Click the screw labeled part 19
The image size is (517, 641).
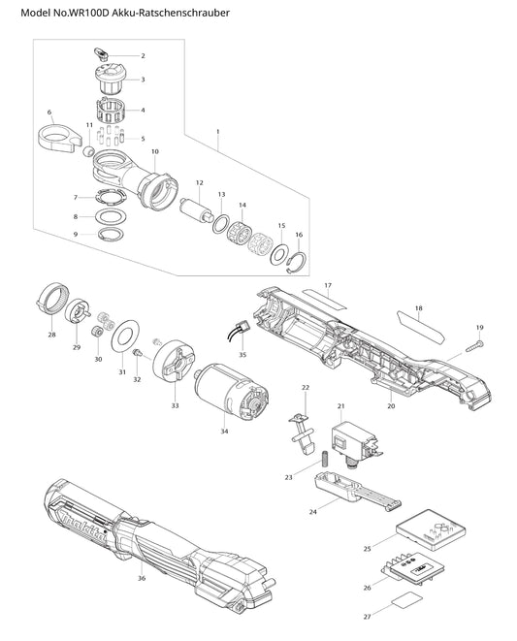click(474, 346)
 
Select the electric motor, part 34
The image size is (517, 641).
click(233, 391)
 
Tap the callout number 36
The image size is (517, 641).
click(142, 578)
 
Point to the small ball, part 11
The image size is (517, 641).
click(88, 152)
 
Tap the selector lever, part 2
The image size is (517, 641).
click(100, 54)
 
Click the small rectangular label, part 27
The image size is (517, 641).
click(406, 600)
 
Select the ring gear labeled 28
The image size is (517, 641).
click(51, 299)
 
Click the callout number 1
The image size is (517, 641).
click(218, 132)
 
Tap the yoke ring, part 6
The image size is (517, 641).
click(59, 136)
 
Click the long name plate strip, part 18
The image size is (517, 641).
click(420, 326)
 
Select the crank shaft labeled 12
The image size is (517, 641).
click(196, 208)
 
